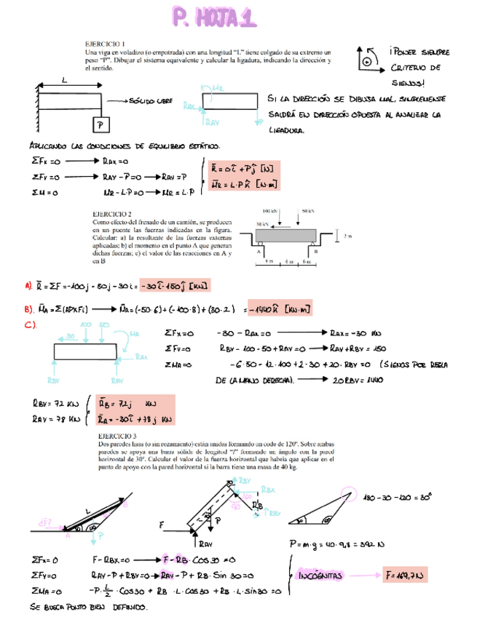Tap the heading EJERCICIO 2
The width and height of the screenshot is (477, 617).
click(x=111, y=213)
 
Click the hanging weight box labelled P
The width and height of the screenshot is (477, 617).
click(x=100, y=125)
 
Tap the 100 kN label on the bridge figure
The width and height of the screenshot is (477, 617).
click(x=268, y=211)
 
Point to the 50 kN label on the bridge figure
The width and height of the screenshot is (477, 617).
click(x=307, y=211)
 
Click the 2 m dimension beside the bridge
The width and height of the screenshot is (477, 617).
click(x=347, y=236)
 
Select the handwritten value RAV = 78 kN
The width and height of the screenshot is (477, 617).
click(x=49, y=418)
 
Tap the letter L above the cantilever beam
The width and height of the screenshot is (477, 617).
click(x=64, y=81)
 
